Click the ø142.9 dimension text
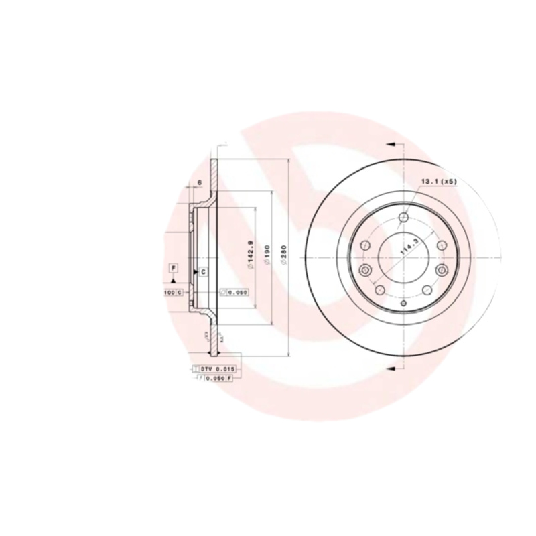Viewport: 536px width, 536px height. (x=249, y=255)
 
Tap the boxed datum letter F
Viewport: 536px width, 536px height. (x=173, y=269)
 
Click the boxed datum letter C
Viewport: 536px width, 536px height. (x=202, y=271)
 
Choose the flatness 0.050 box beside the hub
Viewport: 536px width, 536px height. (x=234, y=292)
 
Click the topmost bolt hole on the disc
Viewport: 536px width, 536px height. (x=403, y=218)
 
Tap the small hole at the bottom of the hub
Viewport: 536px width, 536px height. (x=403, y=304)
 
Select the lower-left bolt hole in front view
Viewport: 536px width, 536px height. (x=378, y=290)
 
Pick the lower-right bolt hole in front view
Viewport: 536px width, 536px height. (x=427, y=290)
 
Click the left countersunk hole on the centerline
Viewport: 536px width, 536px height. (x=365, y=270)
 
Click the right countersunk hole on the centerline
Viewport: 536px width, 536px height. (x=441, y=270)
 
